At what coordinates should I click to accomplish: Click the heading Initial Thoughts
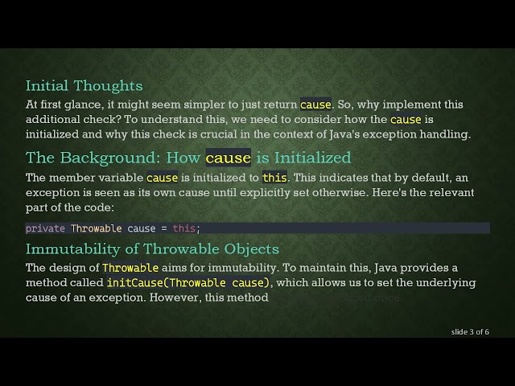click(x=84, y=85)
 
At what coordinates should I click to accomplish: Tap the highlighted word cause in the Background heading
click(x=229, y=157)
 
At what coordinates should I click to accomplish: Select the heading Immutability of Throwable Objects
click(x=152, y=248)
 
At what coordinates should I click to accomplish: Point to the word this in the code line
click(x=183, y=228)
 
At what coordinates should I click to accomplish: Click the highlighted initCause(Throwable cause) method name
click(x=189, y=283)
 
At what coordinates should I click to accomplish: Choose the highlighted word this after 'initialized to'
click(x=274, y=178)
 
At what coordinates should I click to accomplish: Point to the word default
click(x=435, y=178)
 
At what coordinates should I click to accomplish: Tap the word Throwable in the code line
click(x=97, y=228)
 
